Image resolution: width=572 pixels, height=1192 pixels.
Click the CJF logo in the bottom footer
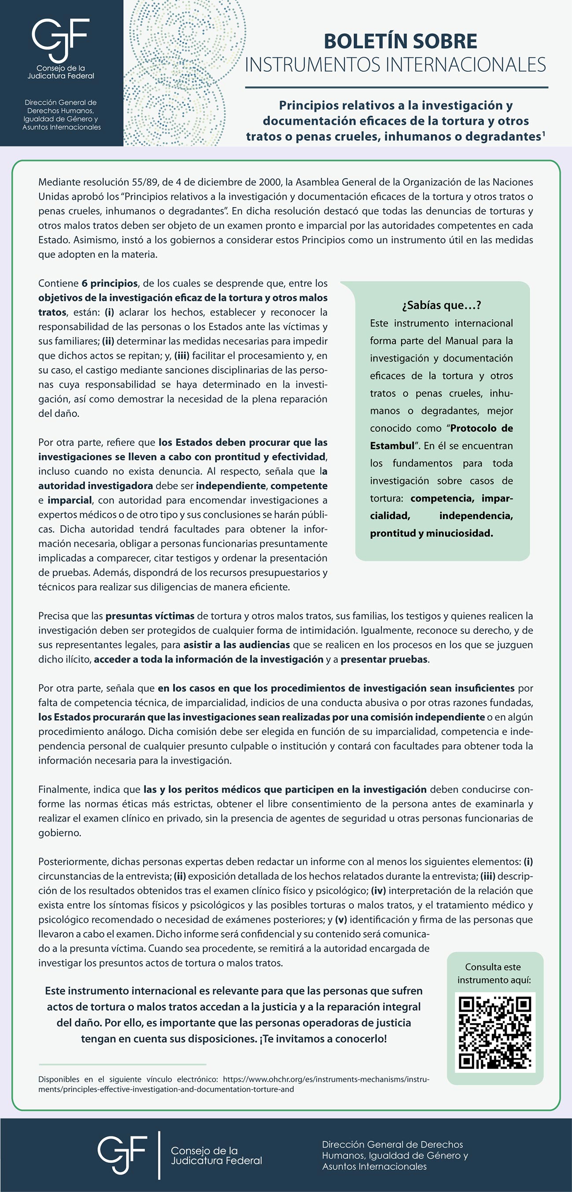tap(122, 1155)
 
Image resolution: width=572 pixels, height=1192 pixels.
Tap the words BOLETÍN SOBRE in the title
tap(400, 41)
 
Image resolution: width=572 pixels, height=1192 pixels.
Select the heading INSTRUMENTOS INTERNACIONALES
tap(395, 65)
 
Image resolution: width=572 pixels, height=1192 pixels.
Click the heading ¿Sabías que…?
tap(441, 305)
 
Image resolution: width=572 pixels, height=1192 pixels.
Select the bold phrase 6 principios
tap(110, 283)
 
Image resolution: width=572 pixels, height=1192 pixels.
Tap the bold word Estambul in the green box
tap(392, 446)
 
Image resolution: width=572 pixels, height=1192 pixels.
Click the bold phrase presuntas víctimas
tap(150, 616)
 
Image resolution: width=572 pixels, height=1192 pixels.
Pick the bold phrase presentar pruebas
tap(384, 660)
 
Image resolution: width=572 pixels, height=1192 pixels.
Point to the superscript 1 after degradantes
tap(544, 133)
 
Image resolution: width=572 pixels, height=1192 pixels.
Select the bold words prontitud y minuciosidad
tap(431, 533)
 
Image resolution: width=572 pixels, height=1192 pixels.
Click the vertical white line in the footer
tap(159, 1155)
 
